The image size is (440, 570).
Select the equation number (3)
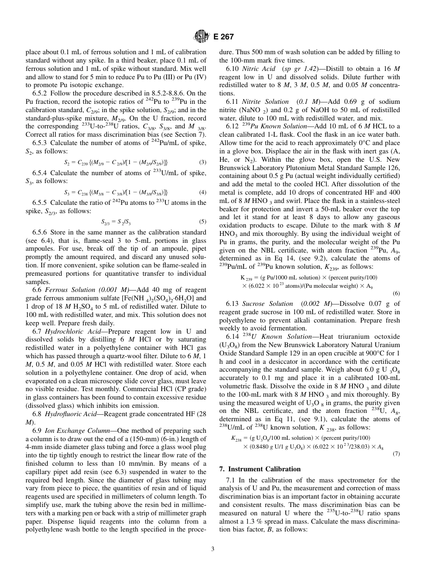pos(202,162)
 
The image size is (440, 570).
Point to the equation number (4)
pos(202,192)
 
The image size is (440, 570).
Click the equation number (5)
pos(202,222)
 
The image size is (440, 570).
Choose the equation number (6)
pos(396,293)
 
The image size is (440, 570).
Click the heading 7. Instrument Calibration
pos(259,469)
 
